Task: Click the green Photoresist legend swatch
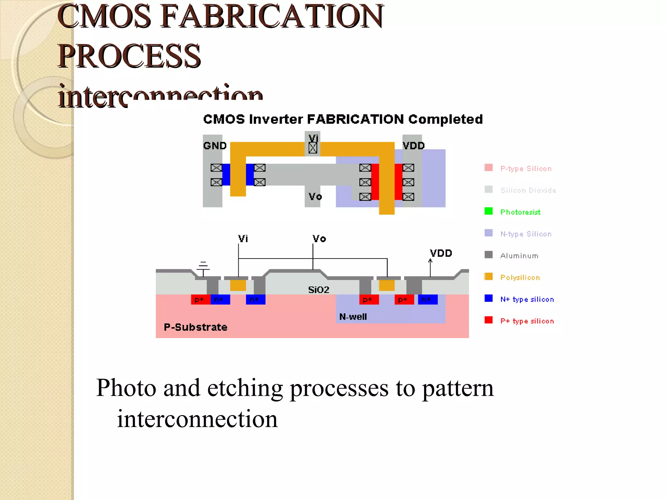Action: click(x=488, y=211)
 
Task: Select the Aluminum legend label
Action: click(x=519, y=256)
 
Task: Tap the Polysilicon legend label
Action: click(x=520, y=278)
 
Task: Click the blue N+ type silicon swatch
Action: click(x=488, y=298)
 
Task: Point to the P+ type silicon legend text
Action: click(x=527, y=321)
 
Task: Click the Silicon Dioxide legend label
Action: click(x=528, y=190)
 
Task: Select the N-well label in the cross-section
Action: click(x=353, y=317)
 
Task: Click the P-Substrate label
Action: click(x=195, y=327)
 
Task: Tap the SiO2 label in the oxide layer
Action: click(x=319, y=290)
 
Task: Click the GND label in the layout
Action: click(x=215, y=146)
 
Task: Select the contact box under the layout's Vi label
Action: click(x=313, y=148)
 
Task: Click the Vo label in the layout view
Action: click(x=315, y=197)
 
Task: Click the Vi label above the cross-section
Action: click(x=243, y=239)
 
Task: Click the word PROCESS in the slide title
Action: click(x=129, y=56)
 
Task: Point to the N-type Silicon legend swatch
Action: click(x=488, y=233)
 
